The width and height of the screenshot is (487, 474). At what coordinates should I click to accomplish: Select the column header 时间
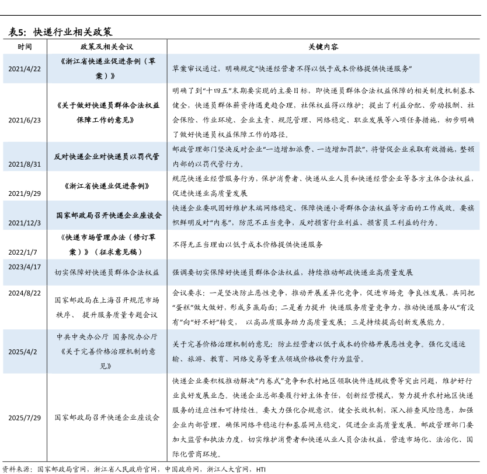pyautogui.click(x=25, y=46)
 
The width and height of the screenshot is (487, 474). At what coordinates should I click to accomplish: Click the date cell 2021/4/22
pyautogui.click(x=25, y=69)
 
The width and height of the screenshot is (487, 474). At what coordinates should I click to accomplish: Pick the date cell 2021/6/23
pyautogui.click(x=25, y=120)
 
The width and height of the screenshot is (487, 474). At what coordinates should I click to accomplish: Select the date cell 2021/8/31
pyautogui.click(x=25, y=164)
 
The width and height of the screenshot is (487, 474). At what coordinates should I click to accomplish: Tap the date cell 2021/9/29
pyautogui.click(x=25, y=194)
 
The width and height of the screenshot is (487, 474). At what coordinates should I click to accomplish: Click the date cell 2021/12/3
pyautogui.click(x=25, y=223)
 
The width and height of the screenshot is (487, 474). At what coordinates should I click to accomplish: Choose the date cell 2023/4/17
pyautogui.click(x=25, y=266)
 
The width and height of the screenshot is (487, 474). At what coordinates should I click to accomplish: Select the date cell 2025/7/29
pyautogui.click(x=25, y=418)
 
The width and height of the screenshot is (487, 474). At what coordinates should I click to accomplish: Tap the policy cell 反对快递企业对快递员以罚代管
pyautogui.click(x=107, y=157)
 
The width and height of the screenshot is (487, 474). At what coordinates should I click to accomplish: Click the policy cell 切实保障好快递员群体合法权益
pyautogui.click(x=107, y=272)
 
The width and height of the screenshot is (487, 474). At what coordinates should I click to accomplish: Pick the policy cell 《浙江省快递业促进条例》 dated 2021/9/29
pyautogui.click(x=107, y=186)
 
